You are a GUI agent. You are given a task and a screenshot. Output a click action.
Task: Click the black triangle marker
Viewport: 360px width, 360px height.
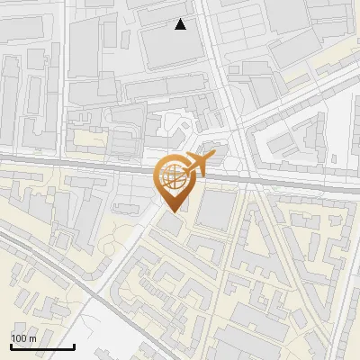tap(181, 24)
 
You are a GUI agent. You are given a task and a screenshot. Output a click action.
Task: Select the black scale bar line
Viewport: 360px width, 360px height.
tap(41, 346)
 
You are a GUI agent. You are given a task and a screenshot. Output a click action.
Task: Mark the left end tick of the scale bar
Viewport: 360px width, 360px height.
tap(10, 345)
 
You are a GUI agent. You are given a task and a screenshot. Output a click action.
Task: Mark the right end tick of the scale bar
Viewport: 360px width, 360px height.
tap(74, 345)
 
